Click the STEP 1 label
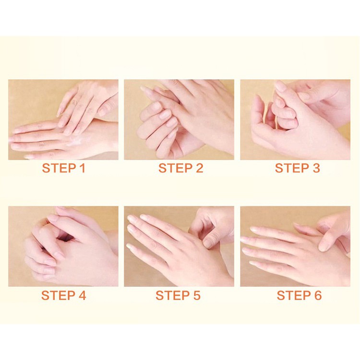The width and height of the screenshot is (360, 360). coord(63,168)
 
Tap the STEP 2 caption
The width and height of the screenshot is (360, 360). coord(180,168)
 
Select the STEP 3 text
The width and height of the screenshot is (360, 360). coord(297,168)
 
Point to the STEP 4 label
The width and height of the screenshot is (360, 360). coord(63,295)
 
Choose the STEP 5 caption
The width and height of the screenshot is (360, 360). coord(178,295)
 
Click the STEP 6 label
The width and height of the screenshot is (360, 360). coord(299,295)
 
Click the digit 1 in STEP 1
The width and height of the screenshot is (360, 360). coord(83,168)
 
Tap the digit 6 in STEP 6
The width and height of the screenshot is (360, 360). coord(318,295)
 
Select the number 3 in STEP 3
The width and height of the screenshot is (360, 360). coord(316,168)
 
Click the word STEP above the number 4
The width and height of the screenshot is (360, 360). coord(58,295)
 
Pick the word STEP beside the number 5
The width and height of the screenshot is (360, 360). coord(172,295)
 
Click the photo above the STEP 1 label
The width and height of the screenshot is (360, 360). coord(63,120)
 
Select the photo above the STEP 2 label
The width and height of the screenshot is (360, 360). coord(179,120)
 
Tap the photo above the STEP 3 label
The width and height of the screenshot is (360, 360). coord(295,120)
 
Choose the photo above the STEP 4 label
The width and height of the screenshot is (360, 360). coord(63,246)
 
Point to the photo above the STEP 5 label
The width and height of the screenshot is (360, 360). coord(179,246)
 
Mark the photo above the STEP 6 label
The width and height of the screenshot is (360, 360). coord(295,246)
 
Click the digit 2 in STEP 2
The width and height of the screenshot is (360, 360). coord(199,168)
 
